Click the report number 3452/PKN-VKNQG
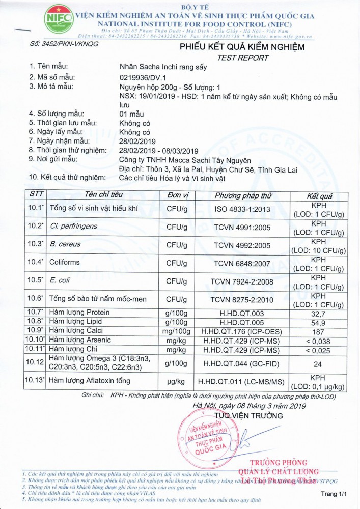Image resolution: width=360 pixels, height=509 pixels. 64,44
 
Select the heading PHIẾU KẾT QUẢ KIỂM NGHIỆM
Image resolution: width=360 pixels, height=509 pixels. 242,48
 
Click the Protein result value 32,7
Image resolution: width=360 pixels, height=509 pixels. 319,312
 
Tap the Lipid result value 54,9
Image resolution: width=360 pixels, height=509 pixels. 319,322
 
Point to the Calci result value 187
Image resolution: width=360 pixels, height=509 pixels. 319,331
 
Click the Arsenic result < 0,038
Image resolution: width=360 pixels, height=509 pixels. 319,341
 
